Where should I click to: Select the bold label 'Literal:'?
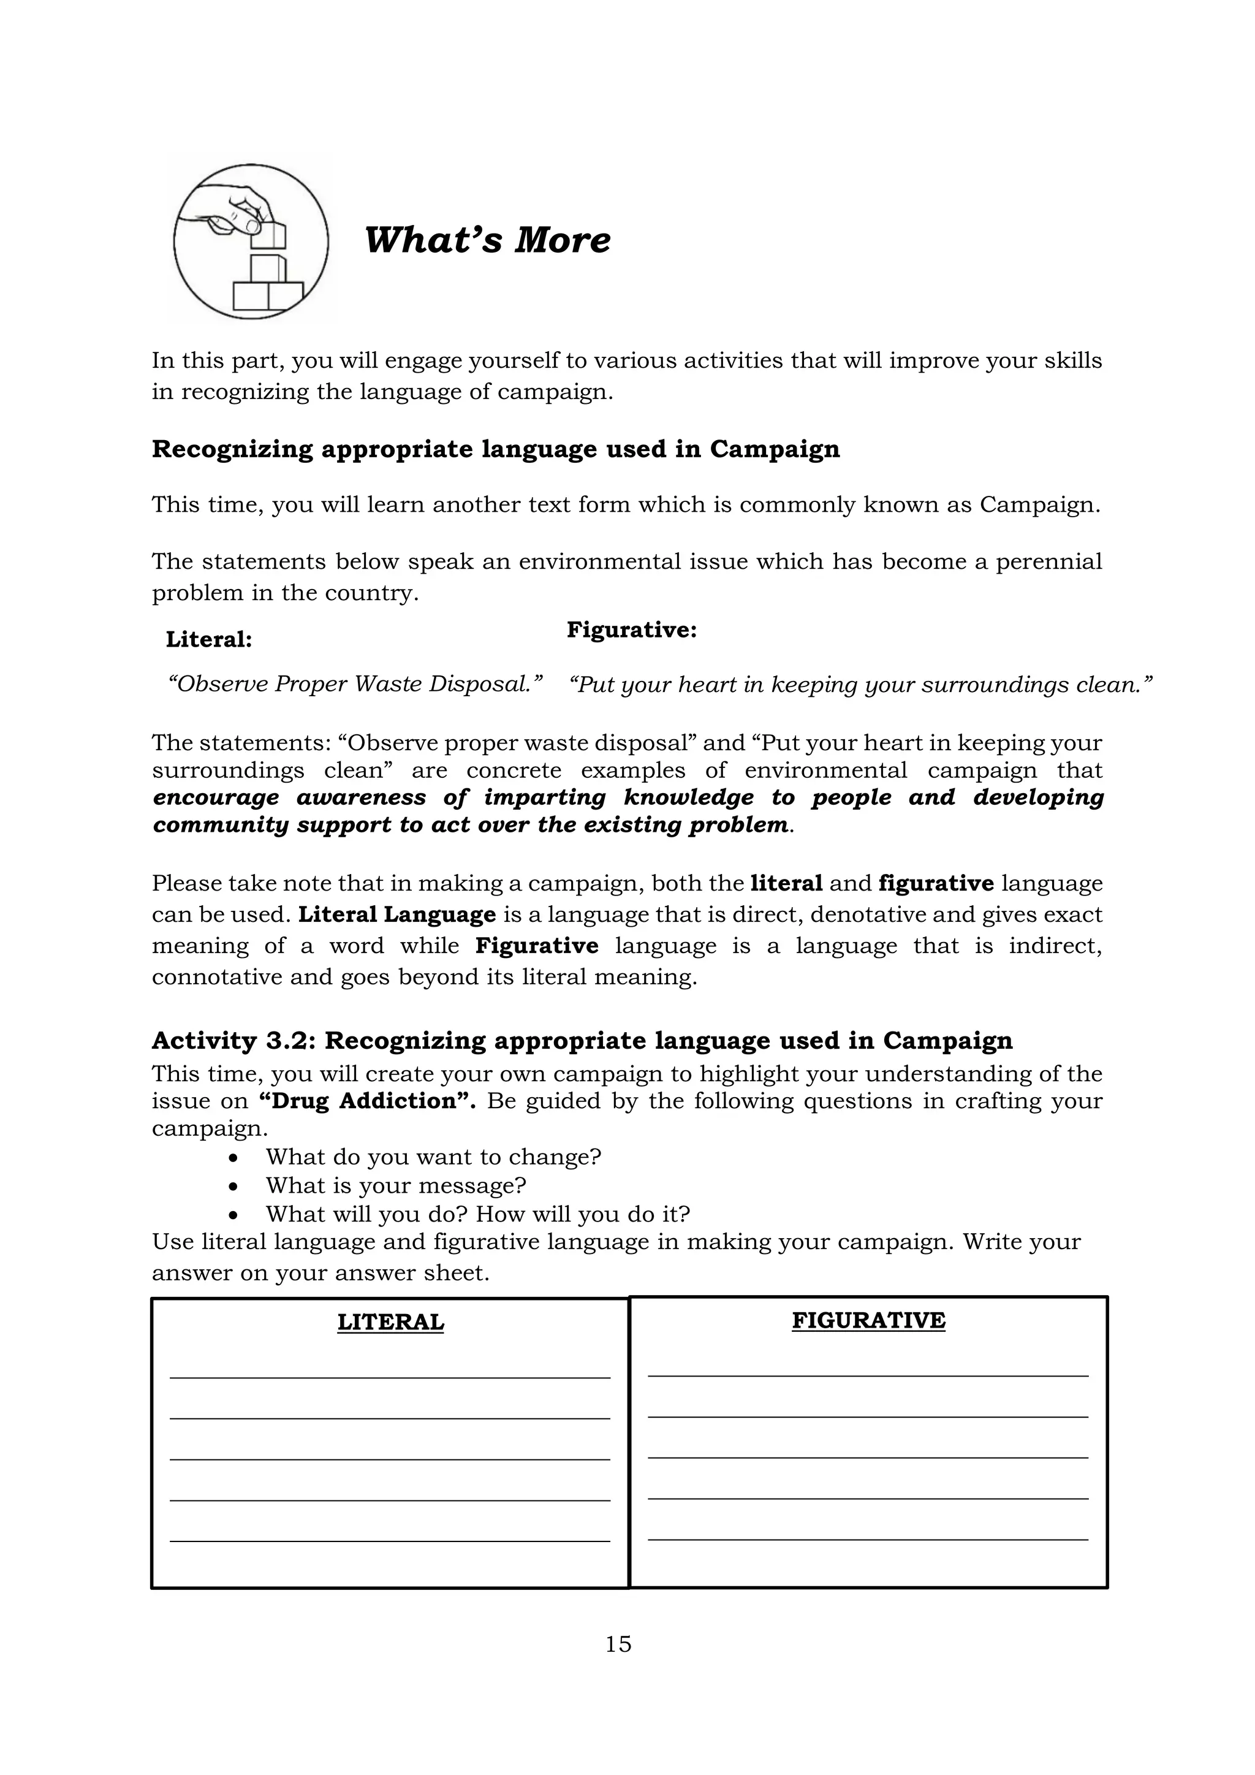(x=208, y=639)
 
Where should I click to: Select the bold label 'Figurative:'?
(x=631, y=629)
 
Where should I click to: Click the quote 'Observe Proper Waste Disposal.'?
(x=355, y=683)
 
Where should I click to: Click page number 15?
(x=618, y=1644)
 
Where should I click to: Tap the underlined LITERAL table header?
(x=390, y=1322)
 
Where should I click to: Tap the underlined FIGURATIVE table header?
(x=868, y=1320)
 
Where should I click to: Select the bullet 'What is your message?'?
(x=396, y=1185)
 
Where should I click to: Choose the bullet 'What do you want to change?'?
(x=433, y=1157)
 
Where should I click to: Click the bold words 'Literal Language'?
(x=397, y=914)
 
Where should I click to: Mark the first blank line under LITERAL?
(x=390, y=1377)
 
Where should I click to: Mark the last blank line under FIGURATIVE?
(x=868, y=1539)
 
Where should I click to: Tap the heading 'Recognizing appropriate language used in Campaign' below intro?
(x=495, y=449)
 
